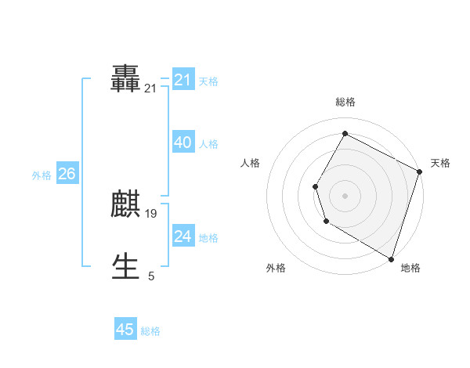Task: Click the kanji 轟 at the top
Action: coord(126,79)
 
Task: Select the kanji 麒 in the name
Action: coord(126,204)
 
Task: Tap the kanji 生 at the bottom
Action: coord(126,266)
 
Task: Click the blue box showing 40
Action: coord(183,143)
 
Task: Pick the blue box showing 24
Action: coord(183,236)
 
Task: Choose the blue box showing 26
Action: coord(67,174)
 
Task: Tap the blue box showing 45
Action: coord(125,330)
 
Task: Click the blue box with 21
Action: coord(183,79)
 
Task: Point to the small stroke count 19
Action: coord(151,214)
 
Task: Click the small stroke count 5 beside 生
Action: coord(151,276)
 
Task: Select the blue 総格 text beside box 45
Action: coord(150,331)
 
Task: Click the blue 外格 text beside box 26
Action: coord(42,175)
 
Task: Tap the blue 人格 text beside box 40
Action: coord(208,144)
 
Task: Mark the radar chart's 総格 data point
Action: coord(345,133)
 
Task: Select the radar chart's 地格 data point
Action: coord(391,258)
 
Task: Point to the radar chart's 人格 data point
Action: coord(315,186)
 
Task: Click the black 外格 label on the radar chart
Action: coord(276,268)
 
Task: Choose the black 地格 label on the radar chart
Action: coord(410,268)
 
